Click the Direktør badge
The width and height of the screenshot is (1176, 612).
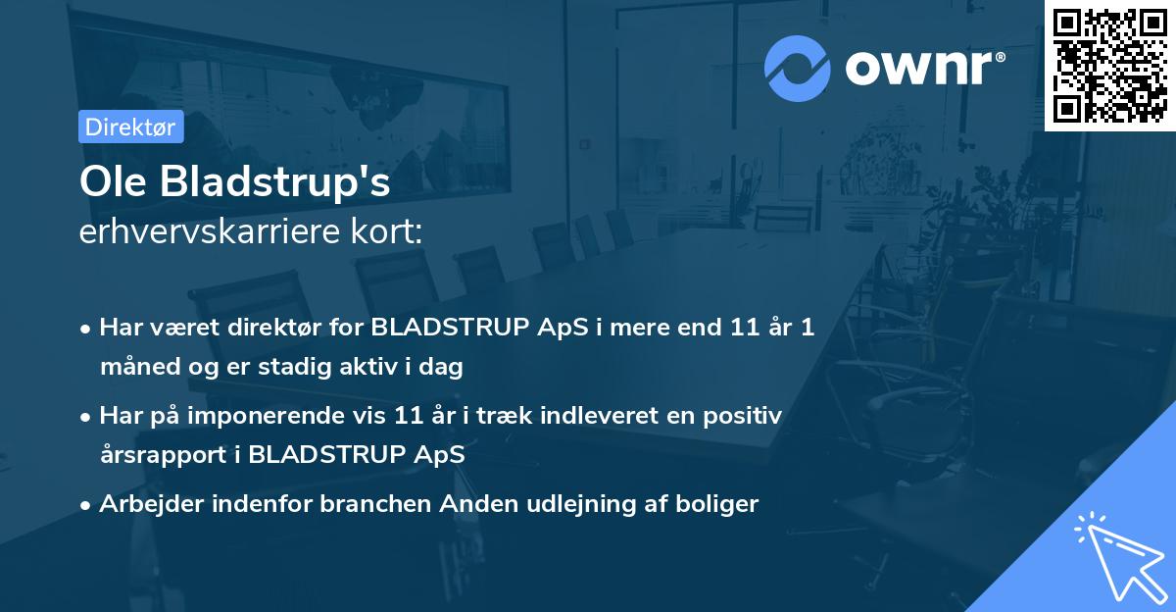[x=130, y=127]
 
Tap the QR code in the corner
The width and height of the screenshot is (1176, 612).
[x=1110, y=66]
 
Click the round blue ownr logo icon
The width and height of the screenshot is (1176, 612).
[x=798, y=68]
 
